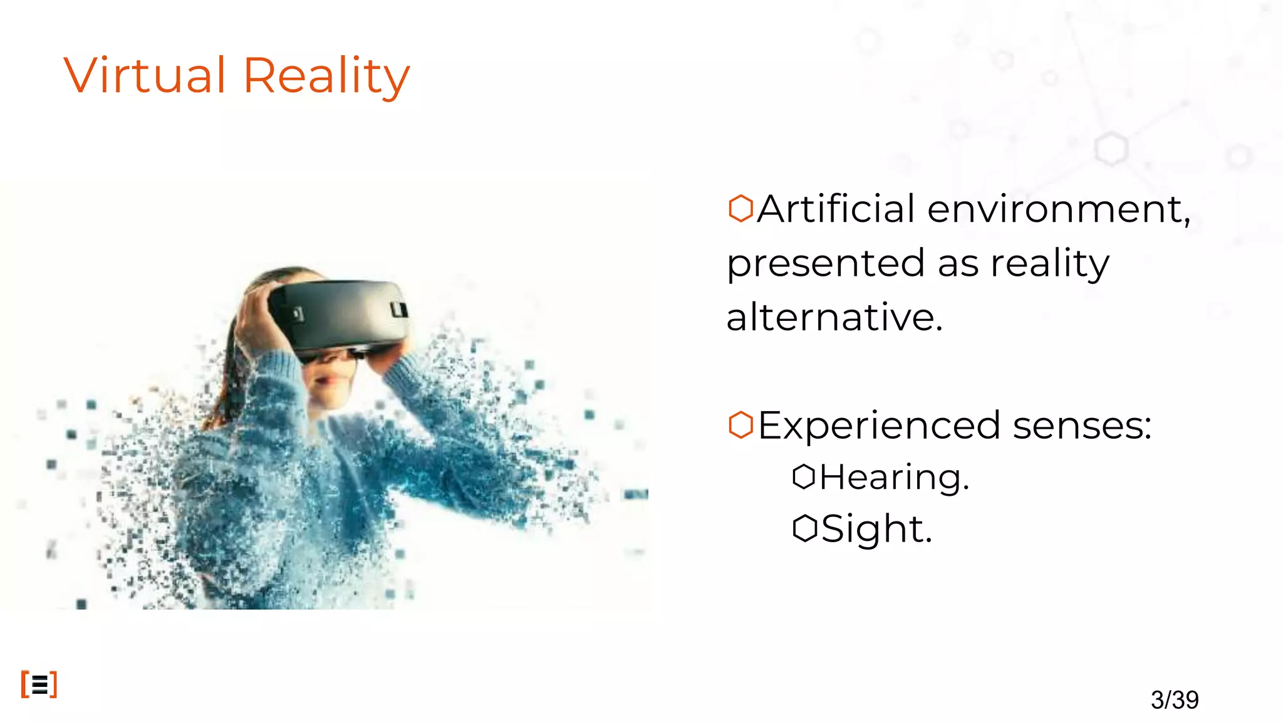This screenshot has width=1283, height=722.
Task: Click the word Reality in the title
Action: (x=326, y=76)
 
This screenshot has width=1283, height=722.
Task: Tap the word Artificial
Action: (x=836, y=209)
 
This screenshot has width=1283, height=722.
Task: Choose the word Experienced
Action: (x=879, y=426)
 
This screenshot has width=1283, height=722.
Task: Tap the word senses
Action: (x=1082, y=426)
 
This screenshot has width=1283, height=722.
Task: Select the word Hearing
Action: (x=894, y=478)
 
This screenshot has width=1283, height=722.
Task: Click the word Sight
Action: (x=876, y=530)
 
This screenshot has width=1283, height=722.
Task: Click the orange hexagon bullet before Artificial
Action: (x=740, y=208)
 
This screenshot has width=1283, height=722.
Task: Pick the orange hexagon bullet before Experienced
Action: (x=740, y=425)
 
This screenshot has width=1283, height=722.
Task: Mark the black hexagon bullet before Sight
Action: (x=804, y=528)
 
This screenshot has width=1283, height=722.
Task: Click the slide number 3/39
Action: (x=1175, y=699)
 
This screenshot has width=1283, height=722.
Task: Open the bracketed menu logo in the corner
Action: (x=39, y=684)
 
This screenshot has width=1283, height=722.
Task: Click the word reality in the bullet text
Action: (x=1049, y=263)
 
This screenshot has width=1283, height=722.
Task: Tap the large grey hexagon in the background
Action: (x=1111, y=149)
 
